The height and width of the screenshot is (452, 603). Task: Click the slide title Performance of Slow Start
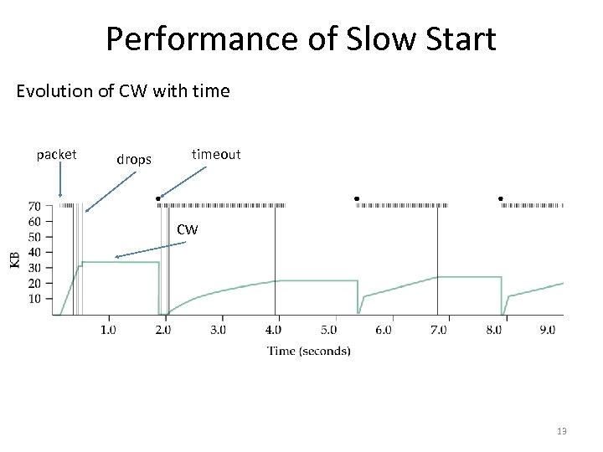(x=301, y=39)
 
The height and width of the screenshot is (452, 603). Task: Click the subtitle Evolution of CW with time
(x=123, y=90)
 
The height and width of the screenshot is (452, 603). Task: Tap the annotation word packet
(x=57, y=154)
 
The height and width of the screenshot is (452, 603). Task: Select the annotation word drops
(x=134, y=158)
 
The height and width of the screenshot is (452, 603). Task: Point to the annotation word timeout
(x=216, y=154)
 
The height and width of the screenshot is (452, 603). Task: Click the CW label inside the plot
(x=188, y=229)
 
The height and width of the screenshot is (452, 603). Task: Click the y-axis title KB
(x=14, y=259)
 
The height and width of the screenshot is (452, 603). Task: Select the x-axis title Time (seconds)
(x=309, y=351)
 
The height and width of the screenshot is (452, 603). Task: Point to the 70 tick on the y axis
(x=35, y=206)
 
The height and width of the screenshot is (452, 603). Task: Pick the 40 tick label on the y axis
(x=35, y=252)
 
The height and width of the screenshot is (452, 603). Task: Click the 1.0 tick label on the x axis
(x=108, y=330)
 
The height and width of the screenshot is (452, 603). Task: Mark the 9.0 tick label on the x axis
(x=546, y=330)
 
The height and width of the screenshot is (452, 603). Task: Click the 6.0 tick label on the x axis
(x=383, y=330)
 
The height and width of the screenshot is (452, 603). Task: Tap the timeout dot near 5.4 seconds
(x=356, y=198)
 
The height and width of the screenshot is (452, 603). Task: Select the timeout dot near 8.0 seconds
(x=500, y=198)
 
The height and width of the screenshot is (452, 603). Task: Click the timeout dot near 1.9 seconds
(x=158, y=198)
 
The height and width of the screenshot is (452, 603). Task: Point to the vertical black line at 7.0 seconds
(x=437, y=259)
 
